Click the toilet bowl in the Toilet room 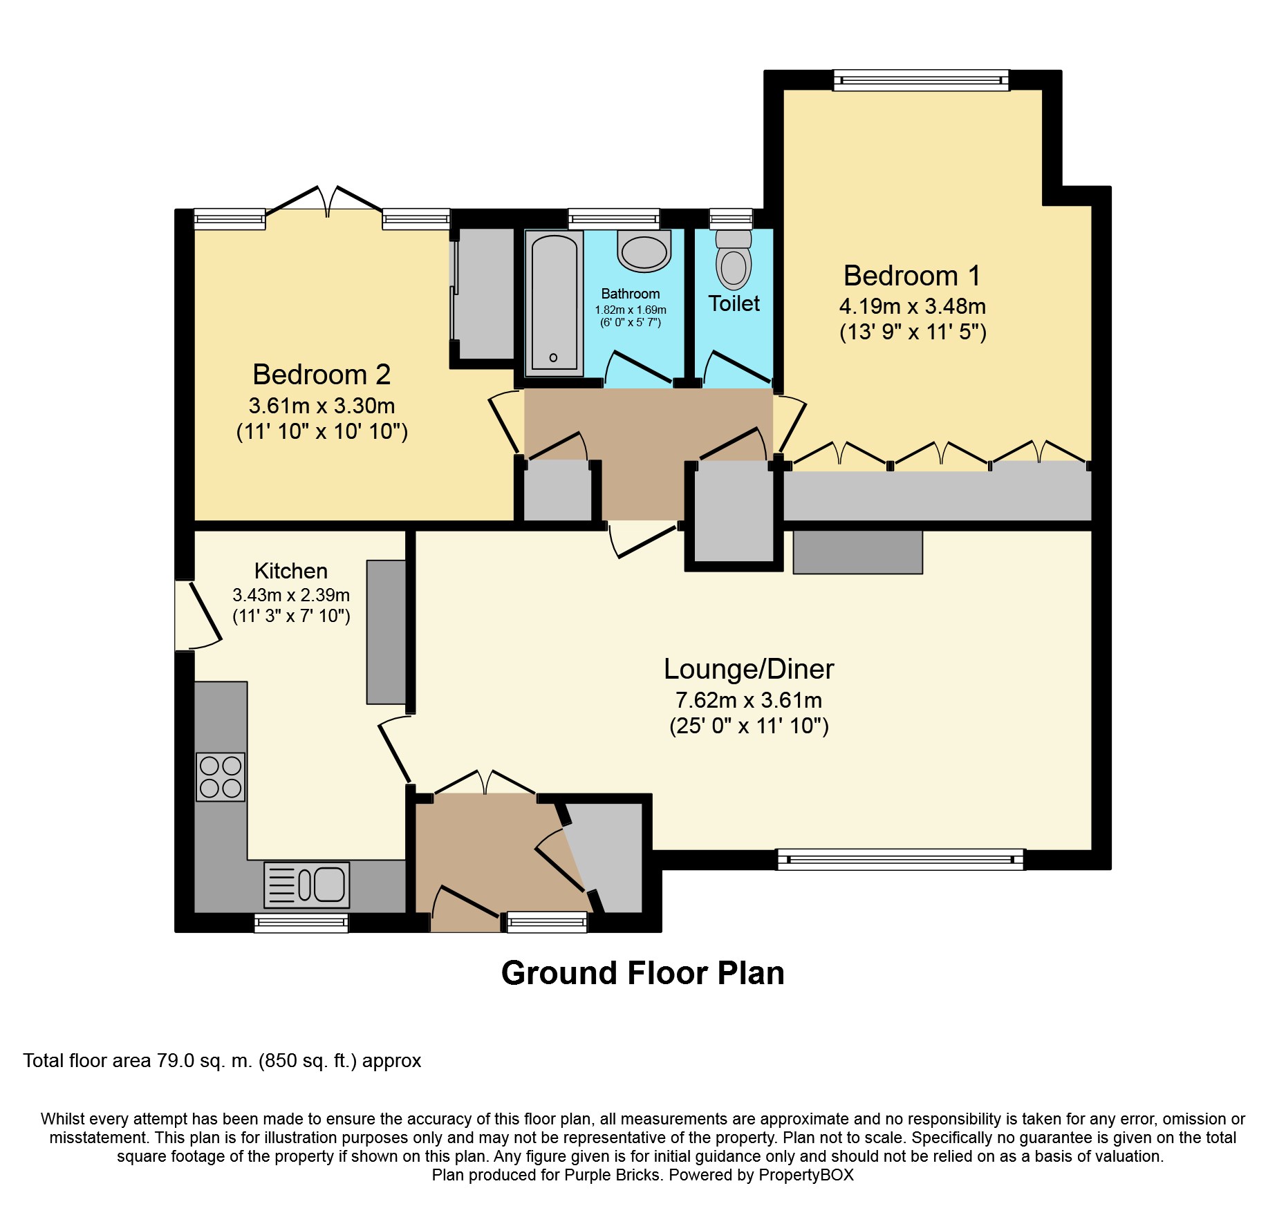point(734,267)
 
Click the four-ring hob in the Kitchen point(221,777)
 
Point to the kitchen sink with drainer point(307,885)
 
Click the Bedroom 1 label point(911,276)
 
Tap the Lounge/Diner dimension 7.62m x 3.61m point(748,700)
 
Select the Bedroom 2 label point(321,375)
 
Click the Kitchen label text point(290,571)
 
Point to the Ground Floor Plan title point(642,973)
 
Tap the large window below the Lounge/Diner point(900,859)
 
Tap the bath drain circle point(553,357)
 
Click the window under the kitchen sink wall point(301,922)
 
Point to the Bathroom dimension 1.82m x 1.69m point(630,310)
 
